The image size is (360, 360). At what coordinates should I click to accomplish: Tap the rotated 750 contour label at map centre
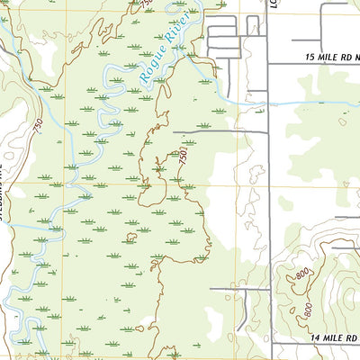183,160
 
